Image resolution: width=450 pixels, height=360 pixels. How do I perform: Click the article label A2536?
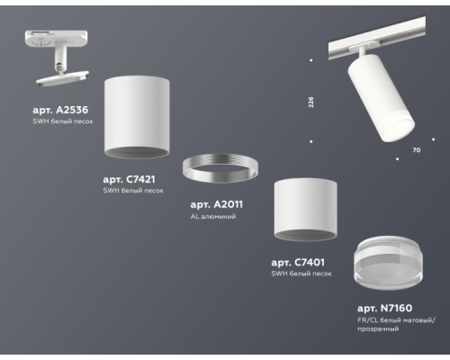(x=60, y=110)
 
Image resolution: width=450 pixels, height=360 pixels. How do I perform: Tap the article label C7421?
(x=130, y=179)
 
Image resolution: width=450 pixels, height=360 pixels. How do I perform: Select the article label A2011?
(x=217, y=204)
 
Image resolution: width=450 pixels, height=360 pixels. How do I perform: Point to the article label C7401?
(x=298, y=263)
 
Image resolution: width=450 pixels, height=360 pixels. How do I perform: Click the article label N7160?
(x=385, y=308)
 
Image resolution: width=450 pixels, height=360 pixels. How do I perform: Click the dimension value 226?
(x=310, y=102)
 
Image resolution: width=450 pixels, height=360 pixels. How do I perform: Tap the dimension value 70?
(x=417, y=150)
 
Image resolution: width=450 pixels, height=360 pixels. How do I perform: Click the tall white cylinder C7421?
(x=137, y=117)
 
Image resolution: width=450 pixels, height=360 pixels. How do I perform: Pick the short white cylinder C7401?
(x=305, y=210)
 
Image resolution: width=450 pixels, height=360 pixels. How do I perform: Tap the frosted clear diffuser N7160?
(x=388, y=263)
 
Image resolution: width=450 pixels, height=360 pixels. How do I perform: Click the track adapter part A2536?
(x=57, y=58)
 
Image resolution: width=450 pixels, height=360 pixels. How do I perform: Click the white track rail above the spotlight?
(x=377, y=39)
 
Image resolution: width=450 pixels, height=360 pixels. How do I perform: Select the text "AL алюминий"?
(x=213, y=216)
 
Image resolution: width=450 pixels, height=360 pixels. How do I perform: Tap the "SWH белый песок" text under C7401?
(x=301, y=274)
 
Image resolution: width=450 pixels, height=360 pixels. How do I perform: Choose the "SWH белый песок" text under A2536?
(x=63, y=121)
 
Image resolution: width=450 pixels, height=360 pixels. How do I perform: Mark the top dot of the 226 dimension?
(x=311, y=60)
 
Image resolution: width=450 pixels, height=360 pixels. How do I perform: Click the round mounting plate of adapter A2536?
(x=62, y=78)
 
